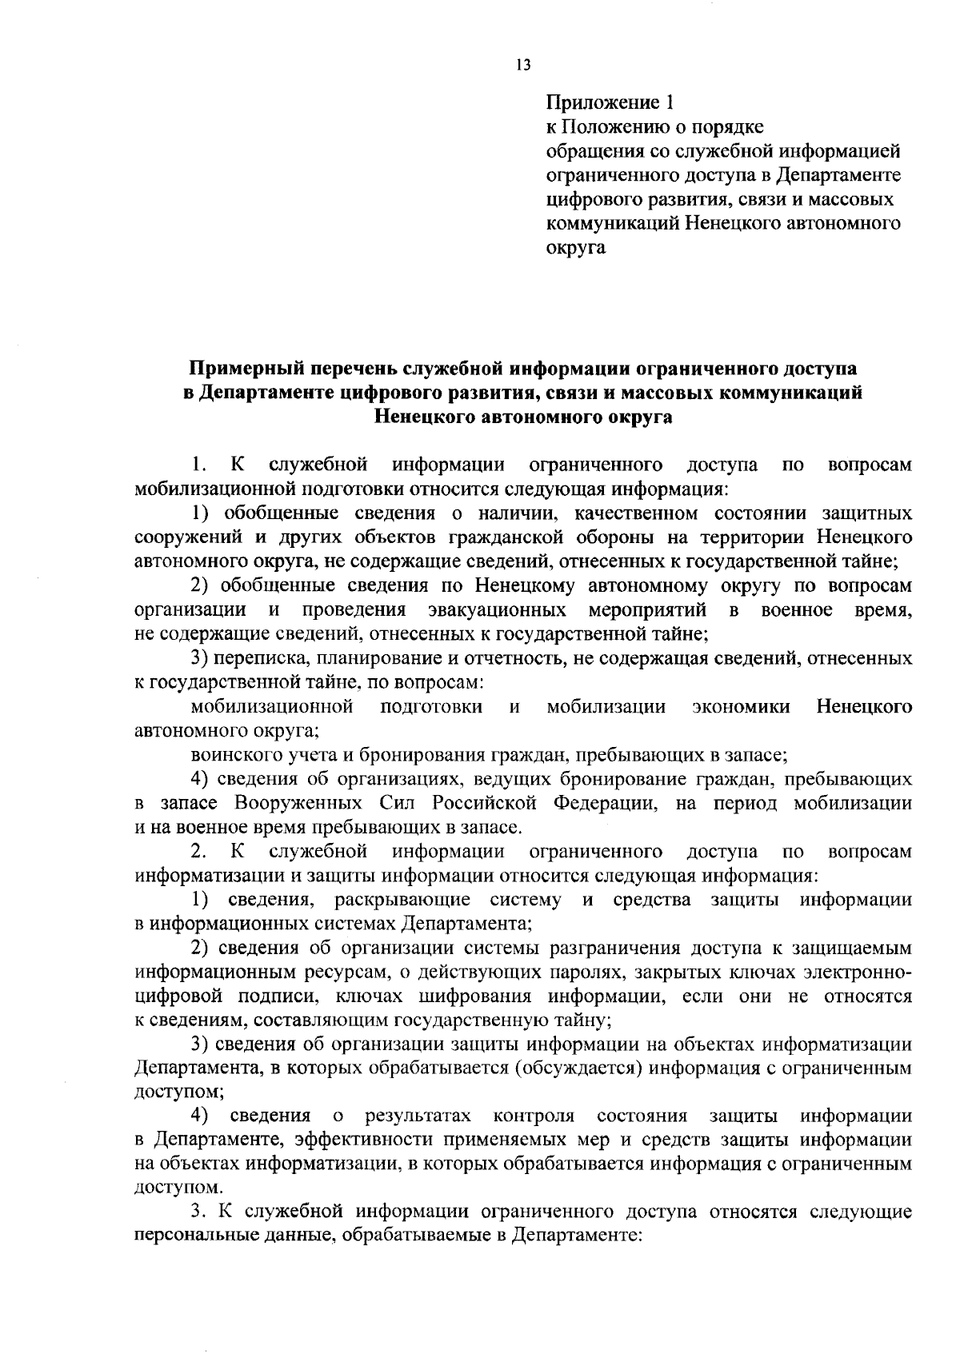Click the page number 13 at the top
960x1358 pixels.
(x=523, y=66)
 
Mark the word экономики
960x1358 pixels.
(x=741, y=707)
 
